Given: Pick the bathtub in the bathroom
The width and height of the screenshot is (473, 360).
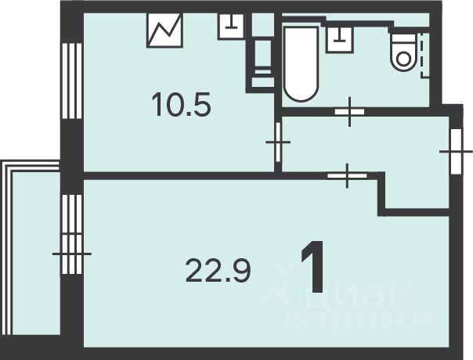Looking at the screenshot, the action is tap(301, 65).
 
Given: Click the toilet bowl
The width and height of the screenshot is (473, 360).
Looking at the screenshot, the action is tap(404, 51).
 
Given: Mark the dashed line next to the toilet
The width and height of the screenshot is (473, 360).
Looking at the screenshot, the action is tap(424, 53).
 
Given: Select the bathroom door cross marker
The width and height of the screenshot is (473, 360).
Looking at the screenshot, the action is tap(348, 112).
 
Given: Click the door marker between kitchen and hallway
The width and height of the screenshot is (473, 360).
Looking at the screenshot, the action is tap(278, 142).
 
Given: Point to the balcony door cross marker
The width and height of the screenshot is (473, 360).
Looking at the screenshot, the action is tap(72, 254).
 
